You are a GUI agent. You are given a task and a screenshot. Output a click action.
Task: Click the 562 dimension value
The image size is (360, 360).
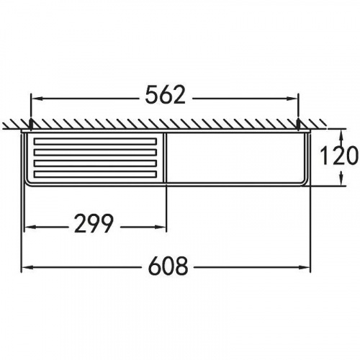pos(166,95)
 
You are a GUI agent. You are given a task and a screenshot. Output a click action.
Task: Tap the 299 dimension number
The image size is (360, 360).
pos(94,224)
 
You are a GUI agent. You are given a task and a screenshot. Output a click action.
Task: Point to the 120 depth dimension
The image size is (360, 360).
pos(339,156)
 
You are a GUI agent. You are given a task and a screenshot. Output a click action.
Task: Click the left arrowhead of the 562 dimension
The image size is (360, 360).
pos(37,99)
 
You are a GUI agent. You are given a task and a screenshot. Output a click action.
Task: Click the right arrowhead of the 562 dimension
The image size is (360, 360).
pos(292,99)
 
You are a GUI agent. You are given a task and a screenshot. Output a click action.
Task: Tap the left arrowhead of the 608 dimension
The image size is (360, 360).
pos(27,267)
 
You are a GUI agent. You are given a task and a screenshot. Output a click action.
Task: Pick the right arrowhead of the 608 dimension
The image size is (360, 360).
pos(304,267)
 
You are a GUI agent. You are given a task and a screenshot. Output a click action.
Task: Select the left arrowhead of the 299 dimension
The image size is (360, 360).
pos(30,227)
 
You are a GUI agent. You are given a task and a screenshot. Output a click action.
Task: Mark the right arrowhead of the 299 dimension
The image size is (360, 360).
pos(160,227)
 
